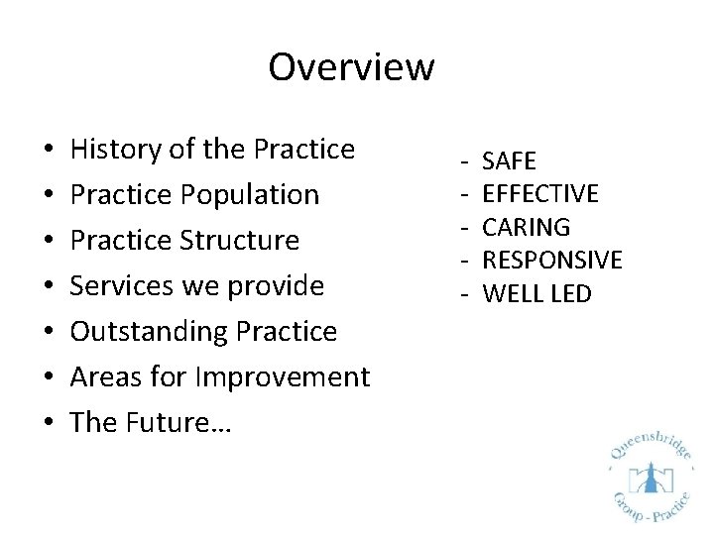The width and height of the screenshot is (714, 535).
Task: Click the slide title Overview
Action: (x=351, y=67)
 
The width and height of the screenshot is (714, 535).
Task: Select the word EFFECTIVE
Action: (x=540, y=194)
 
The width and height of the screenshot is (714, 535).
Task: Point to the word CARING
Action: (x=526, y=227)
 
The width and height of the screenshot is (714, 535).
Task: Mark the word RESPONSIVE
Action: (x=551, y=261)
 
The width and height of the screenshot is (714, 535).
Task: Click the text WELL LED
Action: (x=535, y=294)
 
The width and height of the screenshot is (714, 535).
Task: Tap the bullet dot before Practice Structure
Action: (x=50, y=242)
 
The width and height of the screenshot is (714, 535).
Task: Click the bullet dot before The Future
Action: (x=50, y=424)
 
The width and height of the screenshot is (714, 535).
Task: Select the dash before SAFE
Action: (x=462, y=160)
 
